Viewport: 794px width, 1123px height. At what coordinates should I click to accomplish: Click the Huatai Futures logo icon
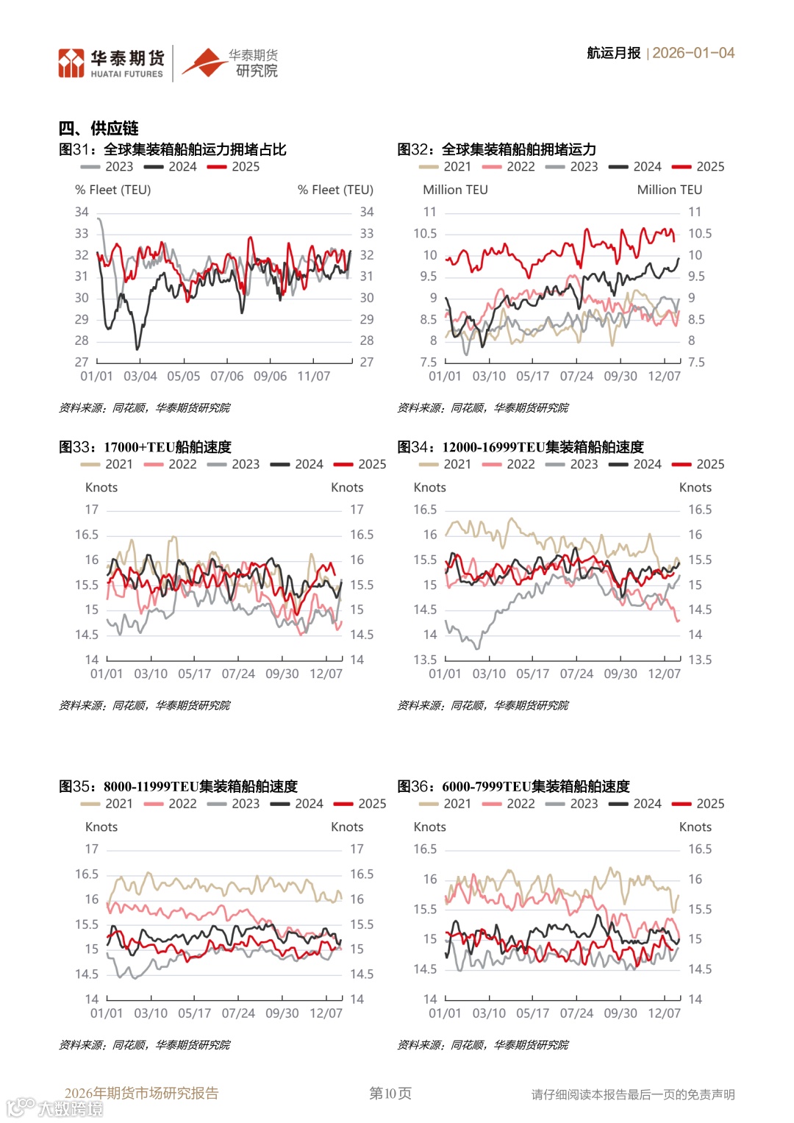(71, 63)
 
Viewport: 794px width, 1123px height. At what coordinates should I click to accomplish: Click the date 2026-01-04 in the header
(693, 53)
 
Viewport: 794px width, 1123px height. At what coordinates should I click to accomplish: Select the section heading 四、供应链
(99, 129)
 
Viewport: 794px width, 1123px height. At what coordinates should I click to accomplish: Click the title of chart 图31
(173, 149)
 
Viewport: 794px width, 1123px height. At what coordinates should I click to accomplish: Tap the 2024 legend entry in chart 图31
(172, 167)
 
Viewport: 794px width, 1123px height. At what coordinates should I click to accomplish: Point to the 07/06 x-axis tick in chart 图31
(226, 377)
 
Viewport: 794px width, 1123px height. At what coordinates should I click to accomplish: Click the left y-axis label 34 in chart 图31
(82, 212)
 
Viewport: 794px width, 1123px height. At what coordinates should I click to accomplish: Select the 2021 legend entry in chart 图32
(446, 167)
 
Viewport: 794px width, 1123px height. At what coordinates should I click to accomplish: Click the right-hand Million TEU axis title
(669, 190)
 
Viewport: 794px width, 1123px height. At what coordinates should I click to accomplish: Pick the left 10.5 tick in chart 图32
(425, 233)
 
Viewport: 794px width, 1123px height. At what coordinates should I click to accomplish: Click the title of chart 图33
(145, 447)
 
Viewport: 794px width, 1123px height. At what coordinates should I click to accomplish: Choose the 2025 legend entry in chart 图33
(361, 465)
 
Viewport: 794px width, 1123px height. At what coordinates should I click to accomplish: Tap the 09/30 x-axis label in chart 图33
(282, 674)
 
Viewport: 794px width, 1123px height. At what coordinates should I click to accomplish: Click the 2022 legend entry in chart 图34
(509, 465)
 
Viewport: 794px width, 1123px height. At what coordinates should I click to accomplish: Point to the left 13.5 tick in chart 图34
(425, 660)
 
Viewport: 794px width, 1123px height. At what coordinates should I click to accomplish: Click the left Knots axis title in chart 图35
(101, 827)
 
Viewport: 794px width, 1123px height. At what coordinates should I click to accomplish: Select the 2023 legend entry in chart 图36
(573, 804)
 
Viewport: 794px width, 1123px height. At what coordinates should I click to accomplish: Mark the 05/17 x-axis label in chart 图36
(532, 1013)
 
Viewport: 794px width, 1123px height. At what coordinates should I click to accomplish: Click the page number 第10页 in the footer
(390, 1094)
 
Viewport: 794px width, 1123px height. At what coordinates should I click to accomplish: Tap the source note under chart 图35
(144, 1045)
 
